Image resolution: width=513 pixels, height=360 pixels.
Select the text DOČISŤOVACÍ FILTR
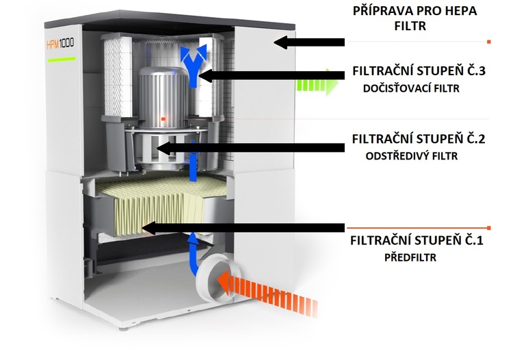[x=412, y=88]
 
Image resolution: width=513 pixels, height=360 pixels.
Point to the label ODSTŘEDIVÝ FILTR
[x=411, y=155]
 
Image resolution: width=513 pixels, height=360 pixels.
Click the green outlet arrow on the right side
[x=317, y=84]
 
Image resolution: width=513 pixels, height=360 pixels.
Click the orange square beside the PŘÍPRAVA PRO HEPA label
[x=489, y=42]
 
